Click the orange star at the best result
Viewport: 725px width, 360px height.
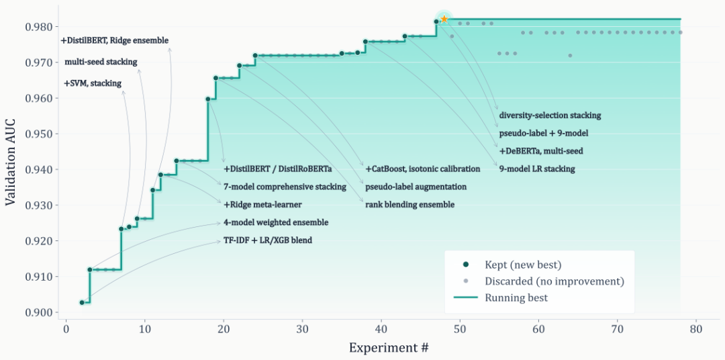click(x=444, y=19)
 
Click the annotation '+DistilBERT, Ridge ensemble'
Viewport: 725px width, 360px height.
click(x=114, y=40)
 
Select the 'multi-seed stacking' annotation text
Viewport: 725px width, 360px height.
click(x=101, y=62)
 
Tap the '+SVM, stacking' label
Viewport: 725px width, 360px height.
click(x=93, y=83)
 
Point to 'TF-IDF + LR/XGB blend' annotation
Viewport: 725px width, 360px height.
click(x=267, y=240)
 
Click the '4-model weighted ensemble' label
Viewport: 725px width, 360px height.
click(x=275, y=222)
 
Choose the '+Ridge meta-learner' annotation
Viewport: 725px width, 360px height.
click(x=262, y=204)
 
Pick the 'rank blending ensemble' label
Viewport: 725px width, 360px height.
click(x=409, y=204)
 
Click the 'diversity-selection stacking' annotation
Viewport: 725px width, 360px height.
click(x=550, y=116)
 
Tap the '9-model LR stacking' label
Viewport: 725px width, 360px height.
click(x=537, y=169)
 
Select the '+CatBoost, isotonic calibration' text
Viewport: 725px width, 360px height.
click(x=422, y=169)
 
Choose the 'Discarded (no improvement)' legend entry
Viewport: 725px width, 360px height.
click(x=554, y=281)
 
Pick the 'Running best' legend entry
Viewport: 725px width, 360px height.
click(x=516, y=298)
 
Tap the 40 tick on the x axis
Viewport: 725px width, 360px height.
click(x=381, y=329)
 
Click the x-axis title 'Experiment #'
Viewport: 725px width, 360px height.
click(x=389, y=348)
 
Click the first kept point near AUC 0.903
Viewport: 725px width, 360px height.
click(x=82, y=302)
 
